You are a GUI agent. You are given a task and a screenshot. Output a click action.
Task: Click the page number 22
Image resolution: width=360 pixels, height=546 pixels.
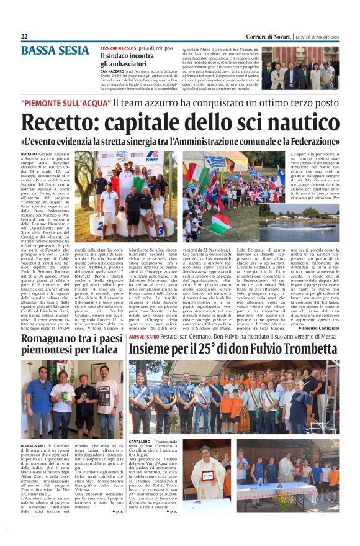click(25, 37)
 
